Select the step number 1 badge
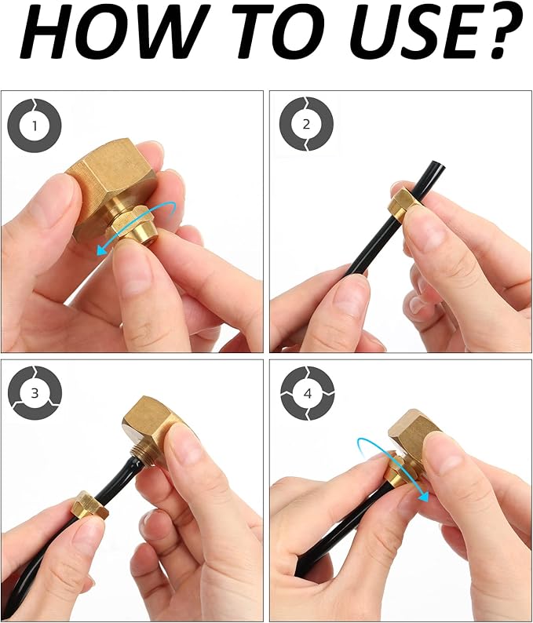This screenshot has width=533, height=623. pyautogui.click(x=35, y=126)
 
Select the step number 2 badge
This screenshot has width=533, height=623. pyautogui.click(x=306, y=124)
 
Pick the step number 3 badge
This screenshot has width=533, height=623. pyautogui.click(x=35, y=392)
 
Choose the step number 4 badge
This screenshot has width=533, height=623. pyautogui.click(x=307, y=393)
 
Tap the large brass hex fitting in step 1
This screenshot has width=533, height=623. pyautogui.click(x=109, y=187)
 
